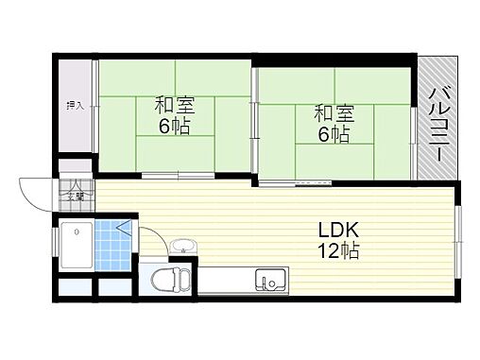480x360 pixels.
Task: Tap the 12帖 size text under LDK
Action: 335,251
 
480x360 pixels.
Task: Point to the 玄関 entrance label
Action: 75,197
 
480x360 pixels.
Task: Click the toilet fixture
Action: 170,281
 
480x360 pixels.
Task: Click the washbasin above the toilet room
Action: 182,249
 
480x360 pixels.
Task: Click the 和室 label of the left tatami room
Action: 174,105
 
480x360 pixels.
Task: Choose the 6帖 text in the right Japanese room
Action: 333,135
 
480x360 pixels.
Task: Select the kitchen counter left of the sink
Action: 227,281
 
